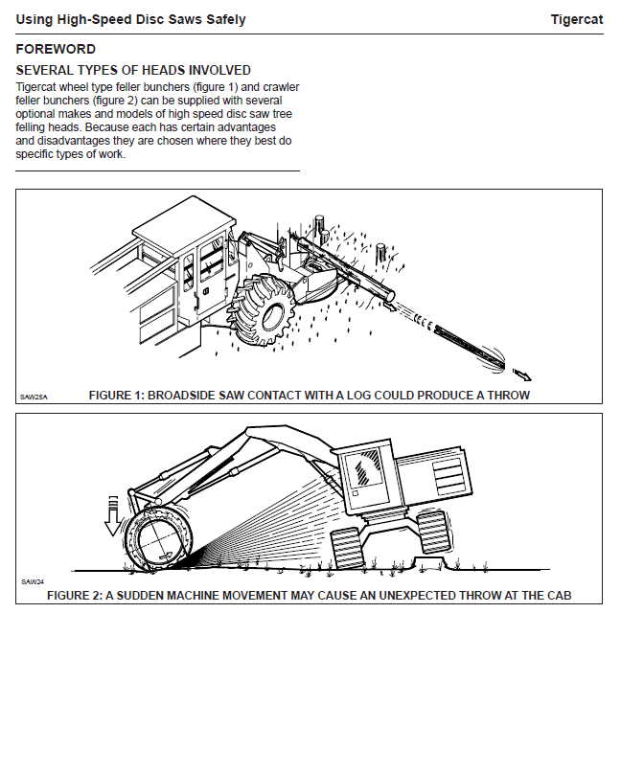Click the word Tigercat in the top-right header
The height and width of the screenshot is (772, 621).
pos(576,19)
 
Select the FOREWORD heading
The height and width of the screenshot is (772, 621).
pos(56,49)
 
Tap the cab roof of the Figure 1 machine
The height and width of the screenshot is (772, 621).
pos(182,224)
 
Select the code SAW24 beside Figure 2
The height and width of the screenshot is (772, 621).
pos(32,581)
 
